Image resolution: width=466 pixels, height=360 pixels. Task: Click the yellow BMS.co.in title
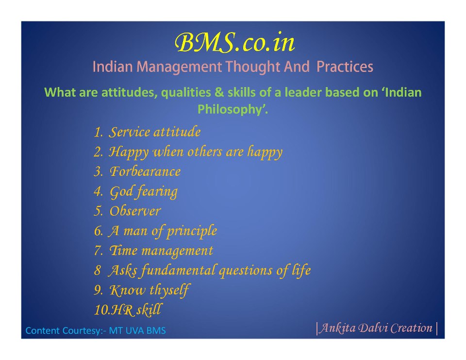[235, 43]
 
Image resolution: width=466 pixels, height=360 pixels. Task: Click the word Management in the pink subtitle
[179, 67]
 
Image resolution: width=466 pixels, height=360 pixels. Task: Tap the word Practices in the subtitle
[345, 67]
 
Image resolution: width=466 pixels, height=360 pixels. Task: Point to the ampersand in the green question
[219, 92]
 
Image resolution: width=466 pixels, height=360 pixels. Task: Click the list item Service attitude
[154, 132]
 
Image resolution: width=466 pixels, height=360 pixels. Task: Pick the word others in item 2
[204, 152]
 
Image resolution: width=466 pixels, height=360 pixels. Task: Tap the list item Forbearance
[145, 171]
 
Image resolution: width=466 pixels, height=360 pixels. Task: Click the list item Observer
[135, 211]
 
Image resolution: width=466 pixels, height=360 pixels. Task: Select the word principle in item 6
[192, 231]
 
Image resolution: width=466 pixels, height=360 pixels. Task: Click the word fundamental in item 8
[178, 270]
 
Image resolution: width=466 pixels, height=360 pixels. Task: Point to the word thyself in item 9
[169, 290]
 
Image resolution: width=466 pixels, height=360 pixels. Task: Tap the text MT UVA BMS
[137, 330]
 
